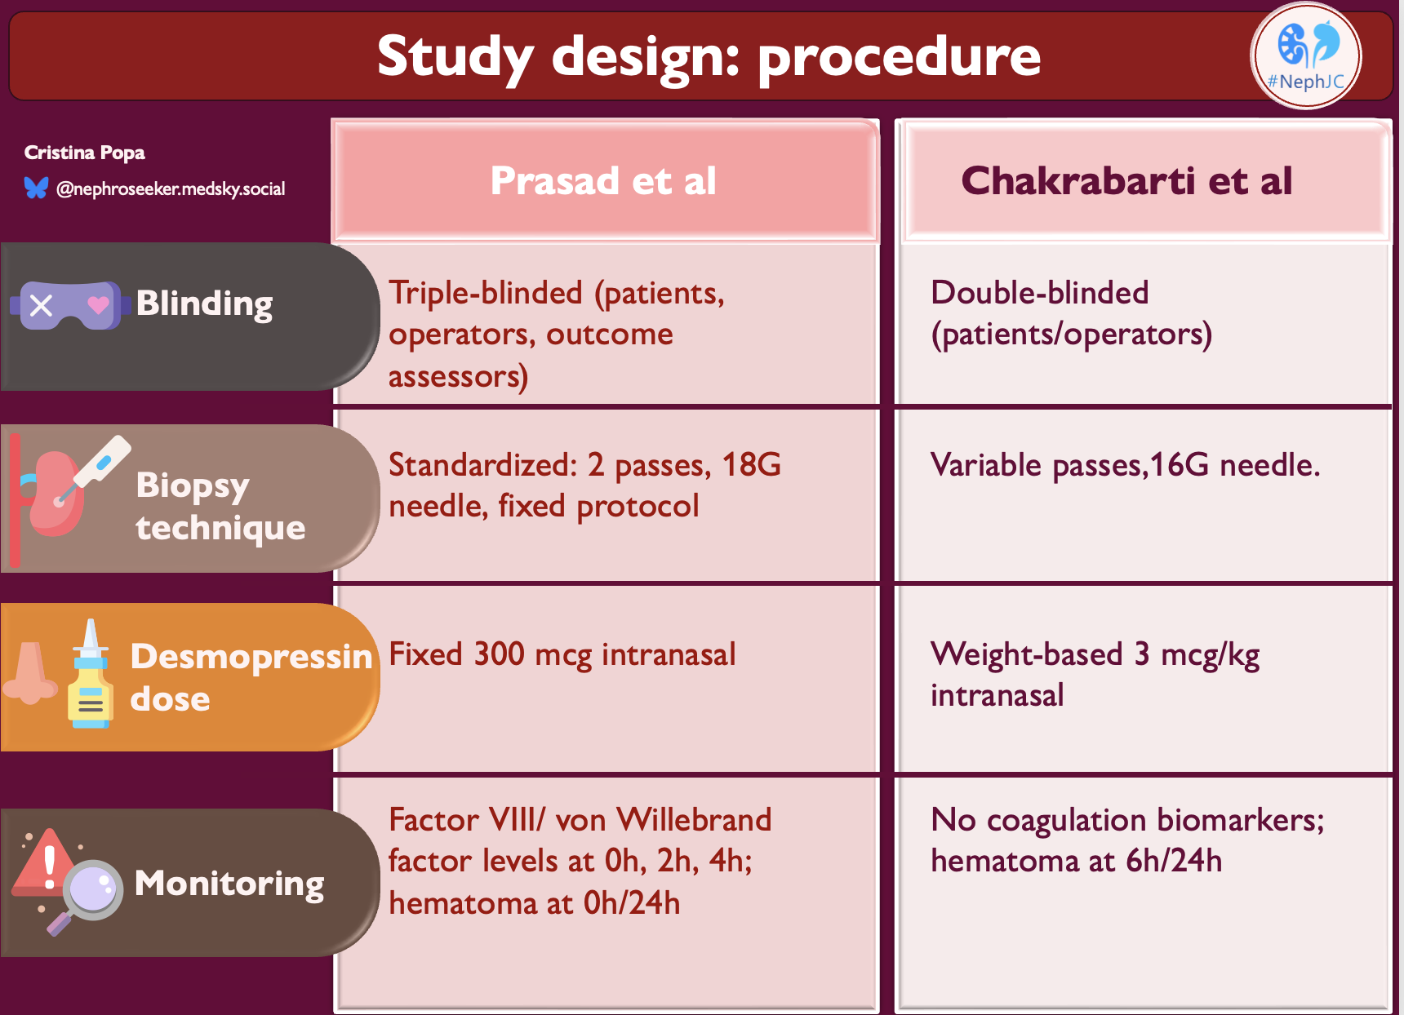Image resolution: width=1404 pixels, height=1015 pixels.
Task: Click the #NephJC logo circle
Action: click(1305, 56)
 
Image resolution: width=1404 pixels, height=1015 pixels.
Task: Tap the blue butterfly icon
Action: click(36, 188)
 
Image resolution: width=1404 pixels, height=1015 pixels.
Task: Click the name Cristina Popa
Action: click(84, 153)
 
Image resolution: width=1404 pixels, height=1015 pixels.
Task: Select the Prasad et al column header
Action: click(604, 181)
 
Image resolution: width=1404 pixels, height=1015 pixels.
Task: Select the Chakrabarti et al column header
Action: click(1126, 181)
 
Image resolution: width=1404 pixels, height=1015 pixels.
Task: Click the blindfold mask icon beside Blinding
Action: click(70, 305)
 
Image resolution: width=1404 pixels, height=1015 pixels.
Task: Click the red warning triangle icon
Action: click(47, 862)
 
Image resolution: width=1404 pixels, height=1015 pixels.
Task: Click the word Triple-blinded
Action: click(486, 293)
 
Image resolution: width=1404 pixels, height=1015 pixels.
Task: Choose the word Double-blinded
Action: click(1039, 293)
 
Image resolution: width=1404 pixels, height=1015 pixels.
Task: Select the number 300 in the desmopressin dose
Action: click(499, 654)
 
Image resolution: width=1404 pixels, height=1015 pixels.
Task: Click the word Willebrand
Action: click(694, 820)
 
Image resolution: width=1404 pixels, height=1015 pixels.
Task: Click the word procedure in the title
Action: click(899, 57)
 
